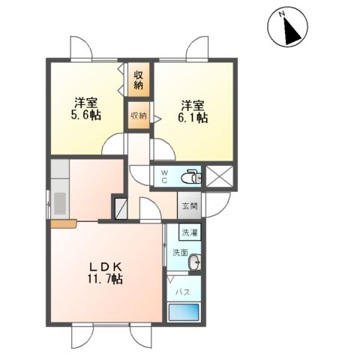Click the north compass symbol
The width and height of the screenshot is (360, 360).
pyautogui.click(x=286, y=28)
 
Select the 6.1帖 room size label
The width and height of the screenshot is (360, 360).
pyautogui.click(x=193, y=118)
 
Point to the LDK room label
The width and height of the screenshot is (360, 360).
pyautogui.click(x=107, y=268)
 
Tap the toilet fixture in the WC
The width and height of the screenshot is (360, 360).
pyautogui.click(x=192, y=177)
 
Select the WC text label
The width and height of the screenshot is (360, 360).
pyautogui.click(x=165, y=177)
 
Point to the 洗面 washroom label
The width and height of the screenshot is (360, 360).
pyautogui.click(x=180, y=252)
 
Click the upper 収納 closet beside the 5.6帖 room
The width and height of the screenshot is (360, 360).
pyautogui.click(x=139, y=79)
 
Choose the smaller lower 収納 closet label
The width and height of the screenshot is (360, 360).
pyautogui.click(x=139, y=116)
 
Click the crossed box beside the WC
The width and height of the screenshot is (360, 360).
pyautogui.click(x=219, y=177)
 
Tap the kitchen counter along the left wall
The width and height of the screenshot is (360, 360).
pyautogui.click(x=60, y=191)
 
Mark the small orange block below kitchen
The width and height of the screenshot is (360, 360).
pyautogui.click(x=64, y=223)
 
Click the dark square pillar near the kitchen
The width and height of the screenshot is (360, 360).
pyautogui.click(x=119, y=205)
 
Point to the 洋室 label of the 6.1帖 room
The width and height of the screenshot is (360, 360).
pyautogui.click(x=193, y=104)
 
